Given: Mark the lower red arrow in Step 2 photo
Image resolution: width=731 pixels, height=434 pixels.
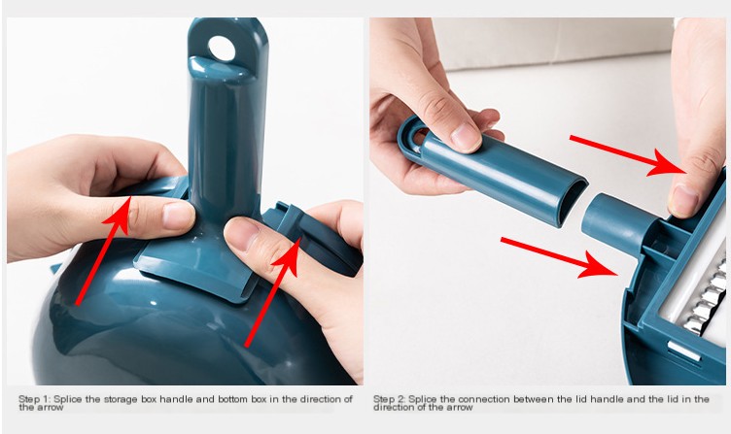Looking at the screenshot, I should click(x=559, y=257).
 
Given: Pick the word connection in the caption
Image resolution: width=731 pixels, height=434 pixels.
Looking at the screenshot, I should click(x=483, y=399).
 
